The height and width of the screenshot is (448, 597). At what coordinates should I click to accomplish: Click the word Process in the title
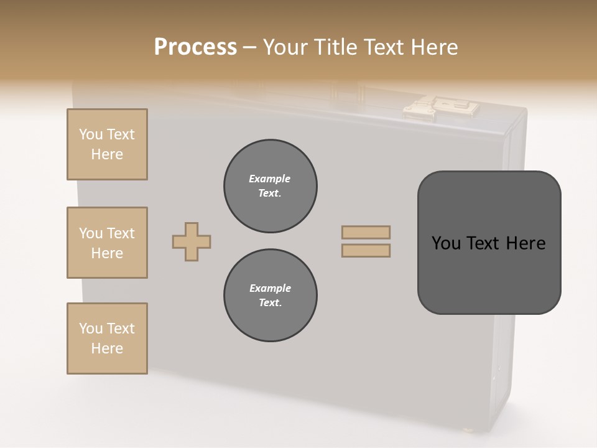[195, 47]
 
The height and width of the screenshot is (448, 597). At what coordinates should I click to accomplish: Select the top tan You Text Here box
[107, 144]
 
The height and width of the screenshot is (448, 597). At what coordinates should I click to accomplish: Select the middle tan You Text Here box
[107, 243]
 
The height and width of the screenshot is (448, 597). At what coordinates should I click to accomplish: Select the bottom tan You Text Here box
[107, 338]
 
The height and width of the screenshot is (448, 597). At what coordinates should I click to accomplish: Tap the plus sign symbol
[192, 241]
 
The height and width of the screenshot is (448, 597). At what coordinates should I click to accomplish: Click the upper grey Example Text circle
[270, 186]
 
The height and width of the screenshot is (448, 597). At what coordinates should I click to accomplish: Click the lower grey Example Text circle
[270, 296]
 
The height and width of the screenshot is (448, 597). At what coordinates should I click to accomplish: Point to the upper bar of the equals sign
[366, 233]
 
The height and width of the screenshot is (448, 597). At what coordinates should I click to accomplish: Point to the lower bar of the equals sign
[366, 250]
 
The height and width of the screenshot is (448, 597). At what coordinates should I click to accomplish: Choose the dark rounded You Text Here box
[489, 243]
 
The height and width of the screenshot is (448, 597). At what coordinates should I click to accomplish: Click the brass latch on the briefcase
[442, 108]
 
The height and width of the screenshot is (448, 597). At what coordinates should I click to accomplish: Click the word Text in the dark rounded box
[483, 243]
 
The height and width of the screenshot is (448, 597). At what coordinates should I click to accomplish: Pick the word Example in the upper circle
[270, 179]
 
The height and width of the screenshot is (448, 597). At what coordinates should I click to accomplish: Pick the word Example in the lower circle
[270, 288]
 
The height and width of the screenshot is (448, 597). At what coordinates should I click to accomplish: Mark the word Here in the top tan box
[107, 154]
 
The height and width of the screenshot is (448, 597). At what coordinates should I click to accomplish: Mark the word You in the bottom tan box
[90, 329]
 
